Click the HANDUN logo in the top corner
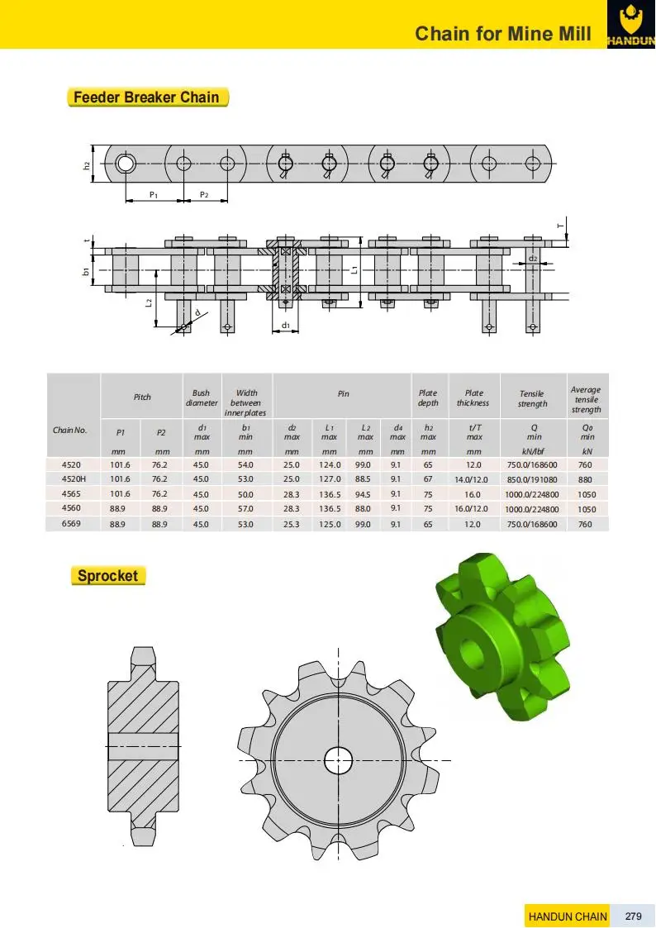[x=630, y=24]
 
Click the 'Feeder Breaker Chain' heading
[x=147, y=98]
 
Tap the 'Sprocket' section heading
[x=107, y=576]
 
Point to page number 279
[x=634, y=916]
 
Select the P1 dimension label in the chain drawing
[x=154, y=194]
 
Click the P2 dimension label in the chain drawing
[x=204, y=194]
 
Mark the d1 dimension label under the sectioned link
[x=285, y=325]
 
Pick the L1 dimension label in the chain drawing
[x=354, y=269]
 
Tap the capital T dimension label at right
[x=559, y=225]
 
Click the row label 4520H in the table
[x=72, y=478]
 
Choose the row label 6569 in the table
[x=72, y=524]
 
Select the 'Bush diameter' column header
[x=202, y=398]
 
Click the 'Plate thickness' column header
[x=473, y=398]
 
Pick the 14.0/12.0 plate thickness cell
[x=473, y=479]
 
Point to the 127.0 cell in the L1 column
[x=329, y=478]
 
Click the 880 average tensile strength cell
[x=586, y=479]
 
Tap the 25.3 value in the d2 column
[x=292, y=524]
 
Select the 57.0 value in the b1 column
[x=245, y=509]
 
